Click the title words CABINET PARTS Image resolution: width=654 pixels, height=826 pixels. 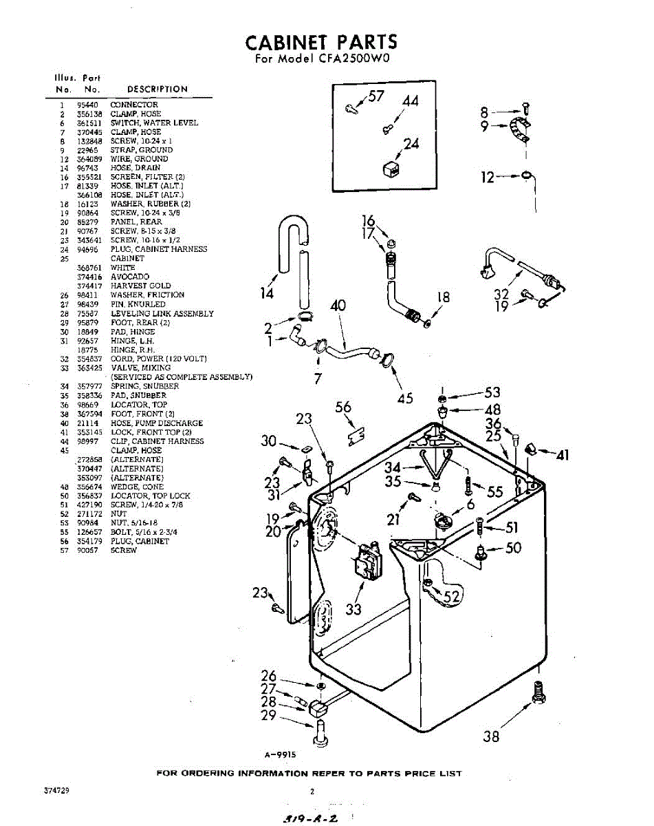click(x=322, y=42)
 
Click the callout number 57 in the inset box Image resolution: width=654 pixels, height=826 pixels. click(x=375, y=96)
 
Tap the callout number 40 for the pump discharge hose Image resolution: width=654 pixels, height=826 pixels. click(x=338, y=305)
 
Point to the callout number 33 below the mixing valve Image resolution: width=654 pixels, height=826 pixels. click(x=353, y=609)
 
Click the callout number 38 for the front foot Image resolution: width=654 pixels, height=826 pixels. click(x=491, y=736)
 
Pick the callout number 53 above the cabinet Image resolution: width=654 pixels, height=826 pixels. click(x=492, y=392)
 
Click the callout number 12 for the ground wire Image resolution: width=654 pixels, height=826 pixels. click(x=488, y=178)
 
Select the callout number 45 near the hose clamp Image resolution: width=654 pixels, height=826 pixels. click(x=405, y=397)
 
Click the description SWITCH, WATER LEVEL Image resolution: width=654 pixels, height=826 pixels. click(x=154, y=123)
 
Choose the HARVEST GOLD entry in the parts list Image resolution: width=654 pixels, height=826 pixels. click(x=140, y=286)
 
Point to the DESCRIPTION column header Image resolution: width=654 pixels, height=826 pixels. click(x=157, y=89)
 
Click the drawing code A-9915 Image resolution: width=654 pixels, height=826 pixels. click(x=280, y=754)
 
